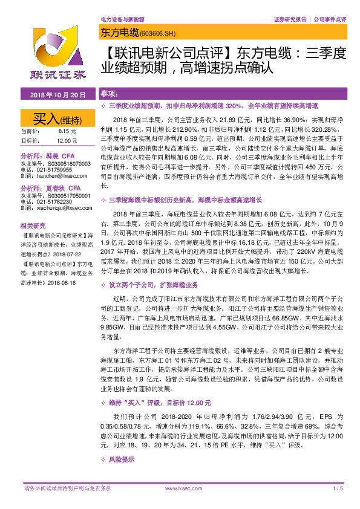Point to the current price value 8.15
[x=65, y=131]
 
